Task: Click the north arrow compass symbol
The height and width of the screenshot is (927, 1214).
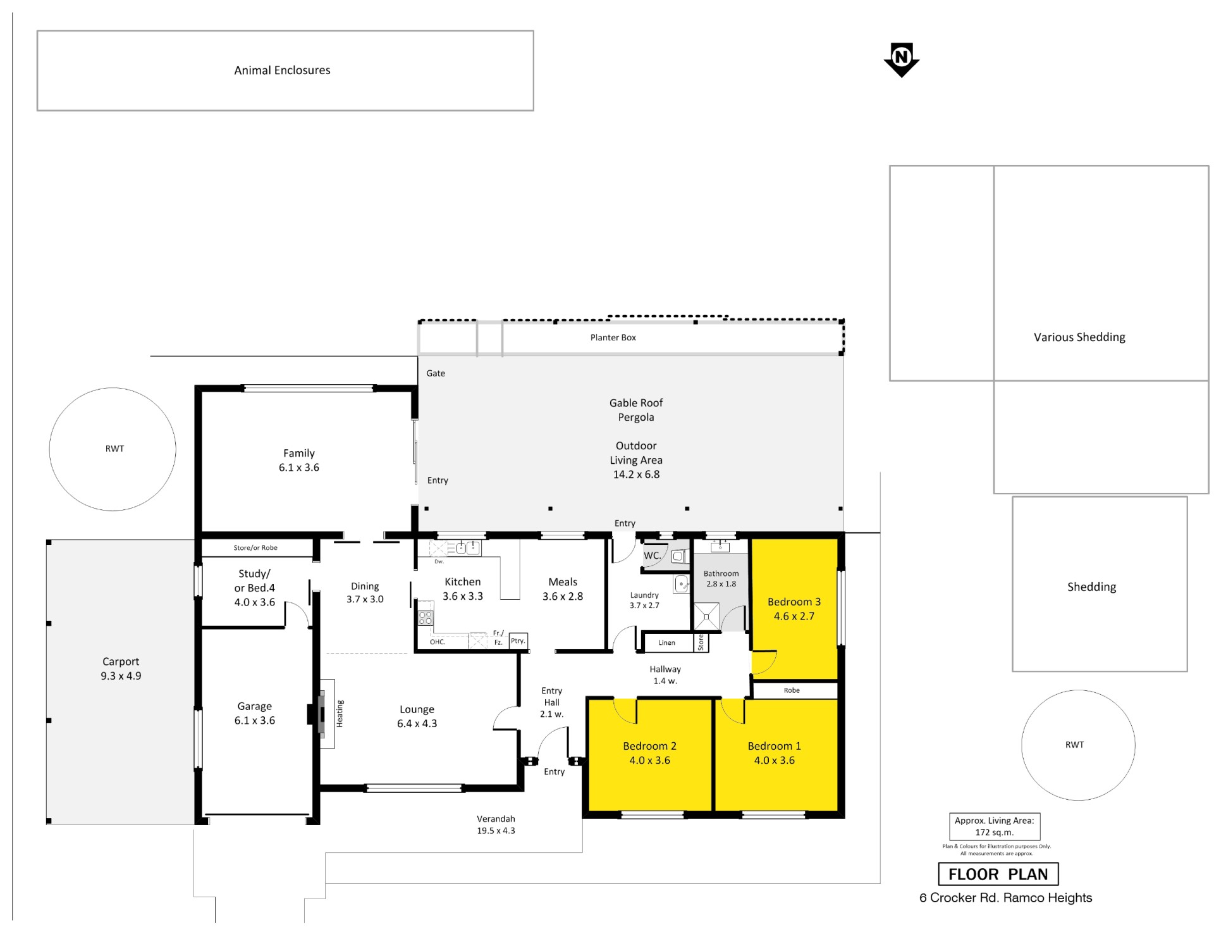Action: tap(901, 59)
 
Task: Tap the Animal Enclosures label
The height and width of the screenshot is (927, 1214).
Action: tap(282, 70)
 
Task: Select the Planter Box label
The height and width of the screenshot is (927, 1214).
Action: tap(613, 337)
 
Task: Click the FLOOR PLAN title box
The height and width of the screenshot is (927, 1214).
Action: tap(998, 874)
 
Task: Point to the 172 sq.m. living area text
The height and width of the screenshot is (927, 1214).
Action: tap(994, 832)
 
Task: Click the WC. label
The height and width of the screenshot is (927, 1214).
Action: tap(652, 556)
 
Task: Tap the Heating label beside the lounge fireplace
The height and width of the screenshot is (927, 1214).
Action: tap(340, 713)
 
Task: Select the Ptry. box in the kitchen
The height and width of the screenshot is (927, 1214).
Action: tap(518, 641)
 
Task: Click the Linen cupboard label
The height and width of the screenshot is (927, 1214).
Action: tap(666, 642)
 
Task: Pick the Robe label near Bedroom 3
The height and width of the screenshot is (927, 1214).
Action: tap(792, 690)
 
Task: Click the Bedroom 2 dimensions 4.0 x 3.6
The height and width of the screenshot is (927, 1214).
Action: tap(649, 760)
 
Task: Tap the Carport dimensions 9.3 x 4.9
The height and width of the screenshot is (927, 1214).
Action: tap(121, 676)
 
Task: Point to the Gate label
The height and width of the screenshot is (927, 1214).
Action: tap(436, 373)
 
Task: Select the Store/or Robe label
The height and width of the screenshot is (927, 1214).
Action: tap(255, 547)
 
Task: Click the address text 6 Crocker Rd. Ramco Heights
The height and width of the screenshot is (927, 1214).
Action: tap(1005, 897)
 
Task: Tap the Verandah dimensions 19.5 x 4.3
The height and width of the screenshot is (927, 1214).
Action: tap(496, 831)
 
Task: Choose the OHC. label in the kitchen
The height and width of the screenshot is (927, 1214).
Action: tap(438, 642)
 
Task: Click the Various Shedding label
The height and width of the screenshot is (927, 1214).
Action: tap(1079, 337)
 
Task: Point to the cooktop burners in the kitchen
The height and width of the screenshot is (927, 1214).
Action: tap(426, 618)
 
